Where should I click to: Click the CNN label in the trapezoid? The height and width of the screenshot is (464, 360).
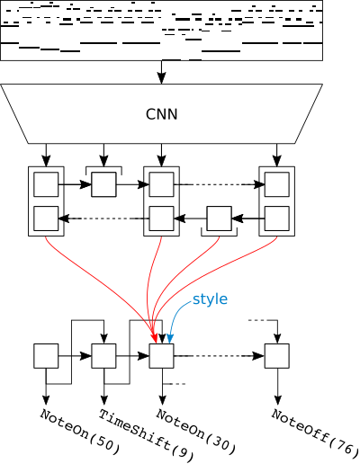tap(161, 114)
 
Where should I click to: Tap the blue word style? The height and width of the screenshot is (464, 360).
tap(210, 299)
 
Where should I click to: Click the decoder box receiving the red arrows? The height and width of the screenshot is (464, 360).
tap(161, 356)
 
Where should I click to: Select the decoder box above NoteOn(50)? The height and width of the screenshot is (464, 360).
tap(46, 356)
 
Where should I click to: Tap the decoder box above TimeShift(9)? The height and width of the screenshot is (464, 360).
tap(103, 356)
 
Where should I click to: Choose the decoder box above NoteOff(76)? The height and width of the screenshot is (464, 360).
tap(277, 356)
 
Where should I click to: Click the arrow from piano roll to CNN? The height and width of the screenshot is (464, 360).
tap(162, 72)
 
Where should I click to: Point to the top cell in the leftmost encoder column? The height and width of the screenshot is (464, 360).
tap(46, 184)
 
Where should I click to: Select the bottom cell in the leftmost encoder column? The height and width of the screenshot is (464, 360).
tap(46, 219)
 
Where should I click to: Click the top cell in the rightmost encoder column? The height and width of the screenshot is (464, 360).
tap(277, 184)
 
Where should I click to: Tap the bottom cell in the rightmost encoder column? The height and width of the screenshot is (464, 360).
tap(277, 219)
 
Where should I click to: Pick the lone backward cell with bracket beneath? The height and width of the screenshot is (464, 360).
tap(220, 219)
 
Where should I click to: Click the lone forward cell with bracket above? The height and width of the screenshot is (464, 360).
tap(103, 184)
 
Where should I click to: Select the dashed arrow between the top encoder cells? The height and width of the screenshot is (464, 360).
tap(220, 184)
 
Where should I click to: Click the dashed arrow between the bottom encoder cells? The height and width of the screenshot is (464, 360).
tap(103, 219)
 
